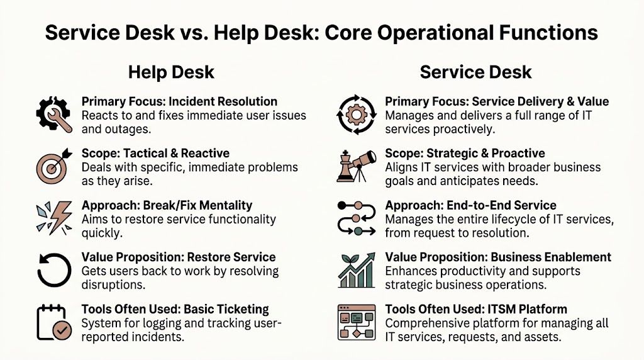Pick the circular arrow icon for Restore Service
(53, 270)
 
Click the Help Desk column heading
(171, 72)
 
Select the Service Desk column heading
(475, 72)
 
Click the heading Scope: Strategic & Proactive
(465, 154)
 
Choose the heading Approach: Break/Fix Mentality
(167, 205)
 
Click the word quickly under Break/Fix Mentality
(101, 232)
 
